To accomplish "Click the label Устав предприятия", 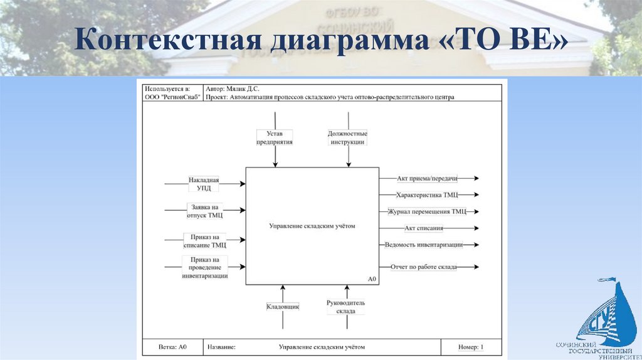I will pyautogui.click(x=275, y=137).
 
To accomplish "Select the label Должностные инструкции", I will pyautogui.click(x=347, y=137).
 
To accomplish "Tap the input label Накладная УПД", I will pyautogui.click(x=204, y=184).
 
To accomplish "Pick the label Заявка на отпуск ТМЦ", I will pyautogui.click(x=205, y=211).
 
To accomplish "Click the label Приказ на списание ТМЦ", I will pyautogui.click(x=204, y=241).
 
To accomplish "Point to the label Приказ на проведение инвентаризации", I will pyautogui.click(x=205, y=267).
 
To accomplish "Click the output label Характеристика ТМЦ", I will pyautogui.click(x=428, y=195).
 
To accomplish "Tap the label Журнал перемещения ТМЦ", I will pyautogui.click(x=428, y=211).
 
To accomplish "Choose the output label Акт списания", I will pyautogui.click(x=424, y=228).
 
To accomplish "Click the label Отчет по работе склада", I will pyautogui.click(x=424, y=267).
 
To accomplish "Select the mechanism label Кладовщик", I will pyautogui.click(x=283, y=307).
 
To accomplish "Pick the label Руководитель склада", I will pyautogui.click(x=345, y=307).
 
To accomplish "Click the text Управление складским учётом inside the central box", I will pyautogui.click(x=312, y=226).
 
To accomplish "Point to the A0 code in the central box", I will pyautogui.click(x=372, y=279).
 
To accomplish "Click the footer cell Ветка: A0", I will pyautogui.click(x=173, y=347).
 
